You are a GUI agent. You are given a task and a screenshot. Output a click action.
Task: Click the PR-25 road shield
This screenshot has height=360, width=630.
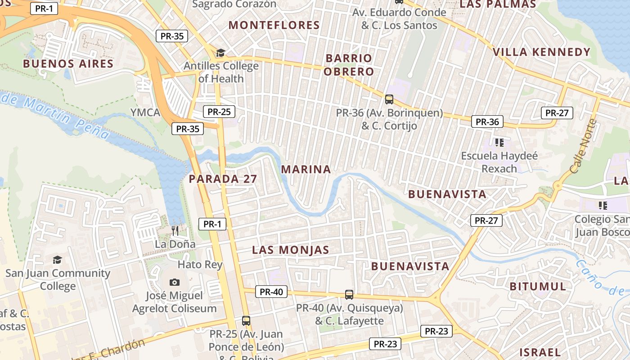pos(219,112)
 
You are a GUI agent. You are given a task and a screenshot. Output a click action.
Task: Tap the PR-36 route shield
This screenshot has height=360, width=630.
pos(487,121)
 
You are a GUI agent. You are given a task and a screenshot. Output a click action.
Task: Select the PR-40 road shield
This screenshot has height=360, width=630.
pos(271,292)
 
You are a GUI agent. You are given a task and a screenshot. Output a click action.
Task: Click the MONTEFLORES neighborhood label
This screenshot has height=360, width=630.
pos(274,25)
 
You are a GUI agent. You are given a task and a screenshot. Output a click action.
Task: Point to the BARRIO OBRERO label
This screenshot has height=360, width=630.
pos(349,65)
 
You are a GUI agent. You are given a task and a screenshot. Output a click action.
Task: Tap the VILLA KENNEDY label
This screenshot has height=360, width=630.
pos(541,52)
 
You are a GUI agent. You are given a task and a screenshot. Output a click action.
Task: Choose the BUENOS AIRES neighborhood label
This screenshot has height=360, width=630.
pos(68,63)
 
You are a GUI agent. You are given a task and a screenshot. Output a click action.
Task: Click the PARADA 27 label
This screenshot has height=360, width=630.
pos(223,179)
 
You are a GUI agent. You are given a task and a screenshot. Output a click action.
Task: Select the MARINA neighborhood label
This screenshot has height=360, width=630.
pos(306,169)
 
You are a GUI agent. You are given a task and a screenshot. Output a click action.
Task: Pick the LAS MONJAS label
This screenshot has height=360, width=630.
pos(291,250)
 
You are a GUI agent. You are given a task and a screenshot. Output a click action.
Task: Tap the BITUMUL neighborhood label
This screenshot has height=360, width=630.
pos(538,286)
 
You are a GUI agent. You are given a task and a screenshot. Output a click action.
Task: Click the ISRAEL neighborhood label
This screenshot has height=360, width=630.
pos(540,352)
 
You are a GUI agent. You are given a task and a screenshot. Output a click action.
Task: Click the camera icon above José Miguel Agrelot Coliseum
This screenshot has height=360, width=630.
pos(175,282)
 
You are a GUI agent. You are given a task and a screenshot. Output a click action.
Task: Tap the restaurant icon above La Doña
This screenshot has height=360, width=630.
pos(175,230)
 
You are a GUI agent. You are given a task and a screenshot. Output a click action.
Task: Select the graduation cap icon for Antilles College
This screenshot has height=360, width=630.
pos(220,53)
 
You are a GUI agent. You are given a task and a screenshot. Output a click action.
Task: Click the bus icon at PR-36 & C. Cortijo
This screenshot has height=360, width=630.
pos(389,99)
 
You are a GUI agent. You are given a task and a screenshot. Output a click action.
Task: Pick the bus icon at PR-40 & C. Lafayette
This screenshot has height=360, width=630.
pos(349,295)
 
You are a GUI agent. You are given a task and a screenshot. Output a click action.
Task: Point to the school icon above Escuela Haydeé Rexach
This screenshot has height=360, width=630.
pos(499,143)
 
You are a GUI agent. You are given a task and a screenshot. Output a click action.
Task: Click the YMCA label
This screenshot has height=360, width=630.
pos(145,112)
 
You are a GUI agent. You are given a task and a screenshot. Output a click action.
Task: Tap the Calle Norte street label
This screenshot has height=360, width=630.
pos(583,146)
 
